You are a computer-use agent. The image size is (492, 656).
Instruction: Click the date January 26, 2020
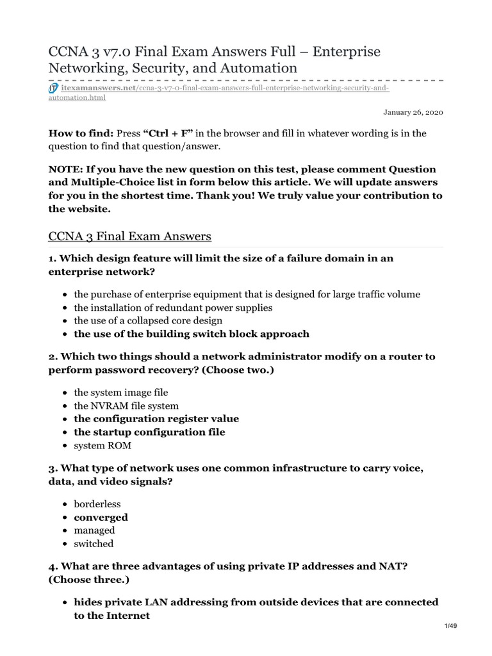click(x=413, y=112)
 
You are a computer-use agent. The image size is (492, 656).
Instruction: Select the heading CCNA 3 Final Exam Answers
click(x=129, y=236)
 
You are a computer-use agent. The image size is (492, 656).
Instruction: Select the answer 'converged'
click(x=101, y=517)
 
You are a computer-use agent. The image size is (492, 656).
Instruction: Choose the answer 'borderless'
click(x=97, y=504)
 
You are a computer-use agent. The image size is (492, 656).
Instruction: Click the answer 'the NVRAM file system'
click(x=126, y=406)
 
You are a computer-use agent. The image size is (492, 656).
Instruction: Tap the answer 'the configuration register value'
click(x=156, y=418)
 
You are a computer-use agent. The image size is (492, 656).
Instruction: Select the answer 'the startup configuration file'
click(x=149, y=432)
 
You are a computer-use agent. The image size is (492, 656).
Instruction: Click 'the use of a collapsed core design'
click(x=148, y=320)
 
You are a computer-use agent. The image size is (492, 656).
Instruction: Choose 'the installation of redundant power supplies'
click(x=173, y=307)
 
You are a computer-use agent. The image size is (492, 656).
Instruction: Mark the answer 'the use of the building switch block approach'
click(x=192, y=334)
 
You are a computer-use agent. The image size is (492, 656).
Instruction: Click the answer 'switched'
click(x=94, y=543)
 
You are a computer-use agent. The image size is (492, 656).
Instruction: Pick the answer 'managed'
click(x=94, y=530)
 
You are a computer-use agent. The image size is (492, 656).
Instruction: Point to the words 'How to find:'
click(x=81, y=133)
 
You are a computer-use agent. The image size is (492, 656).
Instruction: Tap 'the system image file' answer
click(x=121, y=392)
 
